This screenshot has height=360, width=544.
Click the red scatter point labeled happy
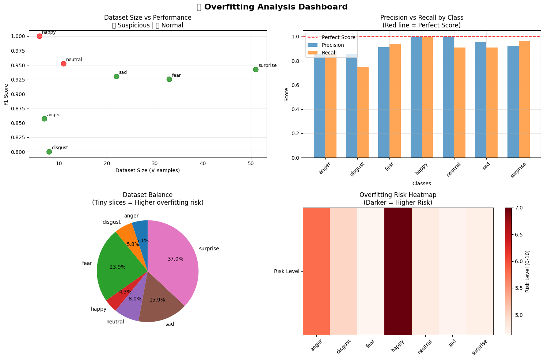coord(39,36)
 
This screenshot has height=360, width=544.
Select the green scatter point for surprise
coord(256,69)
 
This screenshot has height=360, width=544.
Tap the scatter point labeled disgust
coord(49,152)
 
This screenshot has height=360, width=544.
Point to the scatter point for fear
coord(169,79)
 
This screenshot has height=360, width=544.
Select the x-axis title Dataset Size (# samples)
coord(148,170)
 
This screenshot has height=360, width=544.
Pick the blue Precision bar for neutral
coord(448,97)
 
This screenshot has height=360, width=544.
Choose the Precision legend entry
coord(332,45)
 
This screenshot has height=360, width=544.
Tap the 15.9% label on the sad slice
coord(157,300)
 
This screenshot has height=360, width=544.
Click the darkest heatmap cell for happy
coord(398,271)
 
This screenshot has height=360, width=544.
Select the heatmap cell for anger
coord(316,271)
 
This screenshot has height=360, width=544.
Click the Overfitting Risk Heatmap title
coord(398,195)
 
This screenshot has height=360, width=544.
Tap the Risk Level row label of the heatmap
coord(286,271)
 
